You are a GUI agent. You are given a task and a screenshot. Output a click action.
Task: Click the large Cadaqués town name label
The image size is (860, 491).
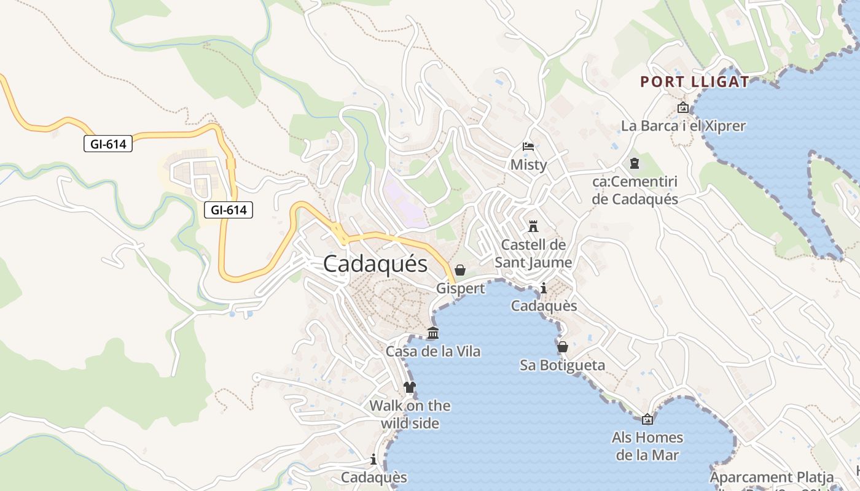pyautogui.click(x=375, y=264)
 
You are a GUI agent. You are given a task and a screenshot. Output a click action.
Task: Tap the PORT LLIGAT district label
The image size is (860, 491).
pyautogui.click(x=695, y=82)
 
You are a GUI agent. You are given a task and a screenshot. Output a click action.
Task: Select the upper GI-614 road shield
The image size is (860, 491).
pyautogui.click(x=108, y=144)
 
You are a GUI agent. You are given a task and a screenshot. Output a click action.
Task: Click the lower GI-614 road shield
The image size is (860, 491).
pyautogui.click(x=229, y=210)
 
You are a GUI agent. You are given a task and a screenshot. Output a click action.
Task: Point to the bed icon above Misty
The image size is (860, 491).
pyautogui.click(x=528, y=147)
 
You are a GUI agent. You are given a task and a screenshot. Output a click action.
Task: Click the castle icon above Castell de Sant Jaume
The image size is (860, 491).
pyautogui.click(x=533, y=226)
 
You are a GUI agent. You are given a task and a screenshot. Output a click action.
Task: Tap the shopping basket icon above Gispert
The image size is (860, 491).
pyautogui.click(x=460, y=270)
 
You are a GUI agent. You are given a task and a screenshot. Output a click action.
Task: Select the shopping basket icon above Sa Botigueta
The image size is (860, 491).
pyautogui.click(x=562, y=347)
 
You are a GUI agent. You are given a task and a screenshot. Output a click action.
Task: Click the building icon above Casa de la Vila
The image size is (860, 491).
pyautogui.click(x=433, y=333)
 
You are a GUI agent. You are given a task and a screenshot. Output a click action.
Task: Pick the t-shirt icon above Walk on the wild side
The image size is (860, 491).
pyautogui.click(x=410, y=387)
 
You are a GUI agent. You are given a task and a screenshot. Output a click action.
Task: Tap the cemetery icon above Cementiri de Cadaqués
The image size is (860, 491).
pyautogui.click(x=635, y=163)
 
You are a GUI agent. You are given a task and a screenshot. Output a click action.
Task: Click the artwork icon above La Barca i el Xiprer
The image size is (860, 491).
pyautogui.click(x=683, y=108)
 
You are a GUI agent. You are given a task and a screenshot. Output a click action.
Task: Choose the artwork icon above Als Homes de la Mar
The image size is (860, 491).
pyautogui.click(x=647, y=420)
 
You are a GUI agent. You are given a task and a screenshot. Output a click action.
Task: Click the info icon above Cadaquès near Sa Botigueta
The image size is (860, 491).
pyautogui.click(x=544, y=288)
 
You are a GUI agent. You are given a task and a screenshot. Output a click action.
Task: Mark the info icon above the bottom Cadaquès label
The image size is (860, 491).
pyautogui.click(x=373, y=459)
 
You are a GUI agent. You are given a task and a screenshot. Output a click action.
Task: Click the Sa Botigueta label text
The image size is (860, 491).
pyautogui.click(x=562, y=366)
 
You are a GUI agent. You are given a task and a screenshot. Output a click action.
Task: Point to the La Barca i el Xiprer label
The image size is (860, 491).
pyautogui.click(x=683, y=126)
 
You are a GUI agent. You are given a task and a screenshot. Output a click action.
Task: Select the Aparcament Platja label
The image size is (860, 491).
pyautogui.click(x=772, y=477)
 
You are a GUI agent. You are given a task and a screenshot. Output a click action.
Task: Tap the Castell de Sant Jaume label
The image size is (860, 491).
pyautogui.click(x=533, y=253)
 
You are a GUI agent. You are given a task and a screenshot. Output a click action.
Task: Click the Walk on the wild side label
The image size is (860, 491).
pyautogui.click(x=410, y=414)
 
